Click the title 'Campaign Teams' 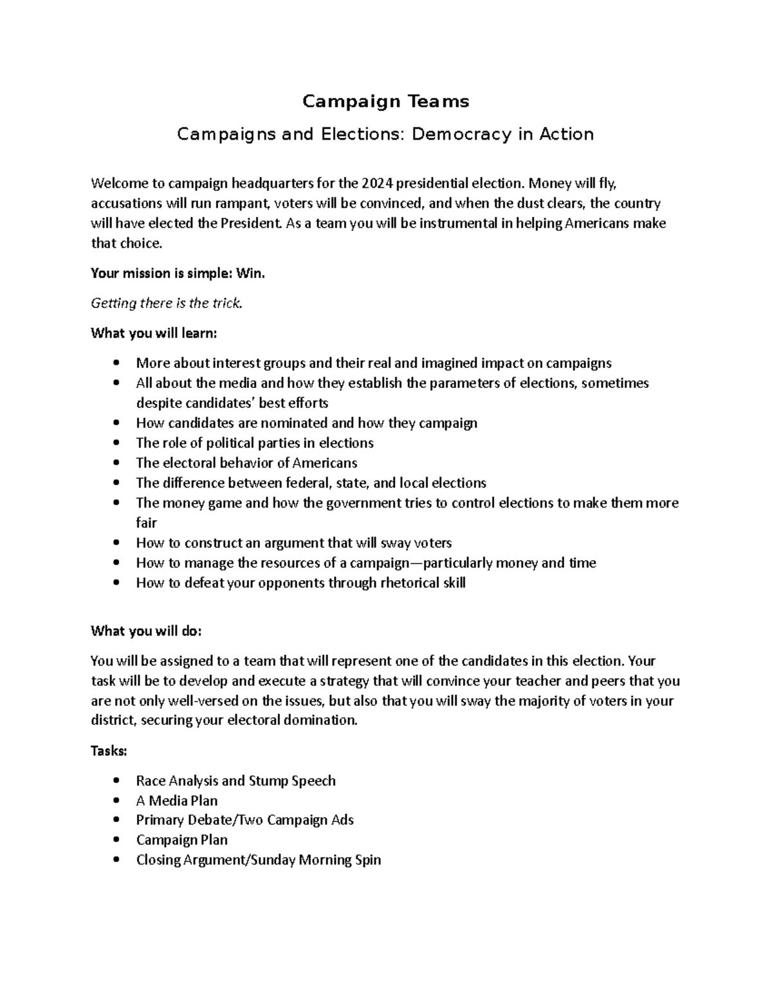tap(386, 101)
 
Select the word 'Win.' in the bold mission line tap(251, 273)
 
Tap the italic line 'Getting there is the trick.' tap(167, 303)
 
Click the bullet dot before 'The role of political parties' tap(116, 443)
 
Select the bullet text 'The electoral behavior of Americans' tap(246, 463)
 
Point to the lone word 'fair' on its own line tap(146, 523)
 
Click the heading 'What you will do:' tap(146, 631)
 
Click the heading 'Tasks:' tap(109, 751)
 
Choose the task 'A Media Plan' tap(176, 801)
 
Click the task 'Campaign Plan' tap(181, 840)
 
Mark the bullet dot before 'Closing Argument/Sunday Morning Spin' tap(116, 860)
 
